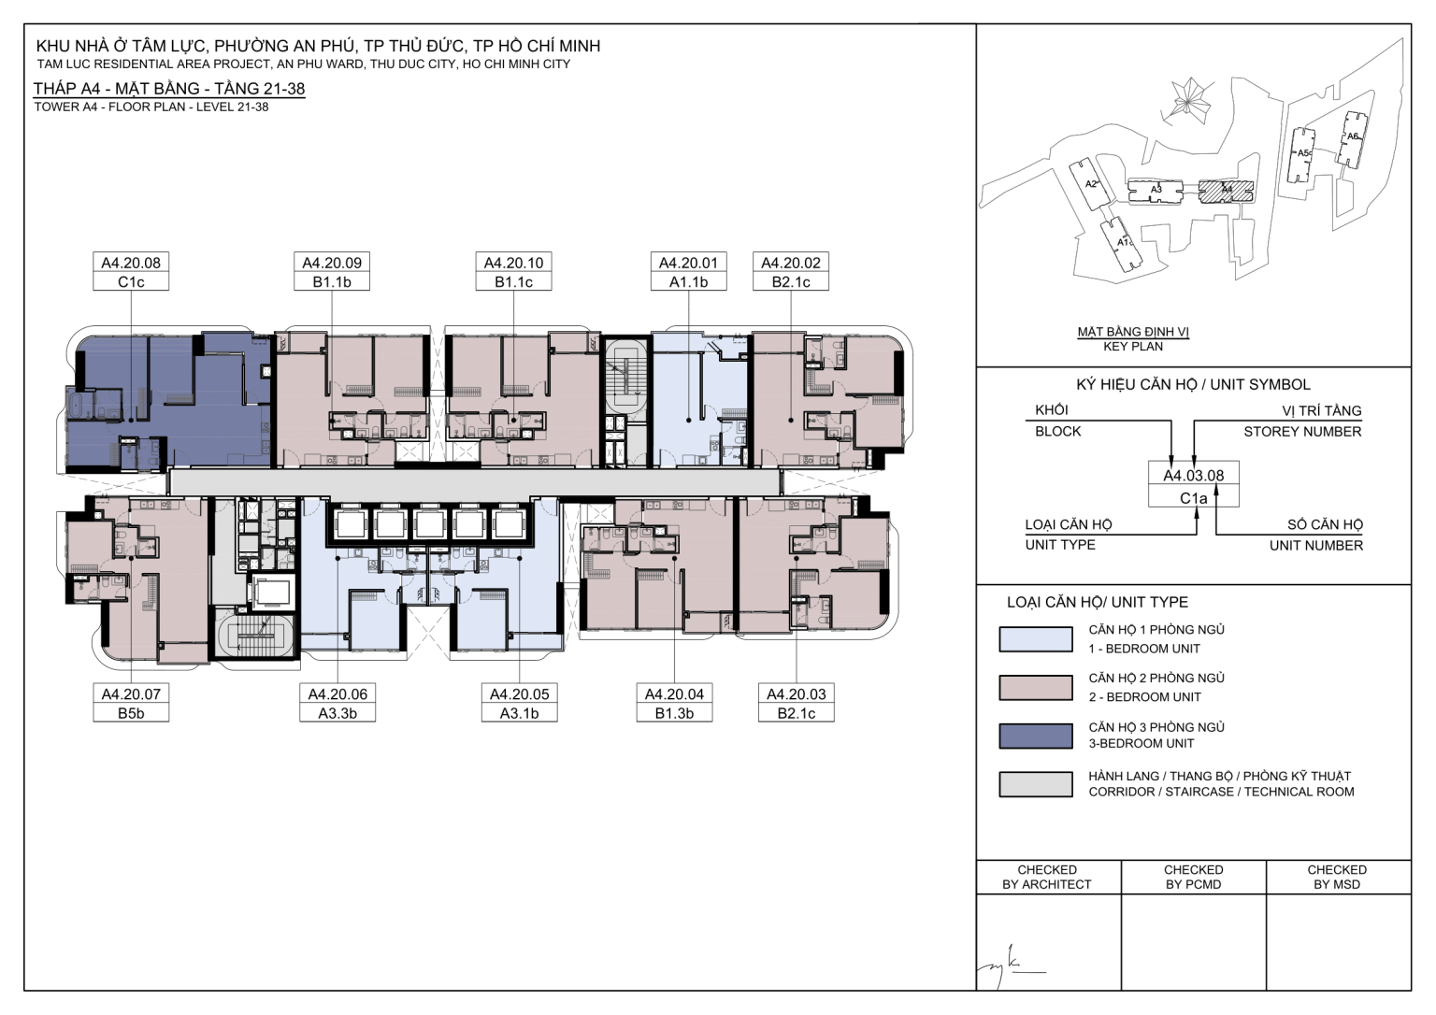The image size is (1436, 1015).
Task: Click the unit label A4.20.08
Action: (x=131, y=263)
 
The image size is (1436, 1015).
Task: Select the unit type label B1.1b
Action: (x=332, y=282)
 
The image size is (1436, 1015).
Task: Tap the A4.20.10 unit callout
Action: (x=513, y=271)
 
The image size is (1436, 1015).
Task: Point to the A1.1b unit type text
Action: (x=688, y=282)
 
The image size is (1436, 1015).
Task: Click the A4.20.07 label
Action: (x=131, y=694)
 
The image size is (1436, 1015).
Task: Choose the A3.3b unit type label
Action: (x=337, y=713)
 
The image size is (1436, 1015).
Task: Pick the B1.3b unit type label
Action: (x=674, y=713)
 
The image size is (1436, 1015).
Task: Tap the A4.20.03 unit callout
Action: (x=797, y=703)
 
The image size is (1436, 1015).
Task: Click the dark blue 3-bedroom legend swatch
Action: (x=1035, y=736)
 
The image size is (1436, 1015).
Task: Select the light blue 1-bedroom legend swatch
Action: (x=1035, y=639)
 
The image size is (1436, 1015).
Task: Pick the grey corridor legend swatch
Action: (x=1035, y=784)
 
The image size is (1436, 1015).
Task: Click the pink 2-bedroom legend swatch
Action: (x=1035, y=688)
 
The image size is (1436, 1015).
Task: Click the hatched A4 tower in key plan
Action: (x=1227, y=190)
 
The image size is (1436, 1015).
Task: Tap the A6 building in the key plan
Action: (x=1351, y=139)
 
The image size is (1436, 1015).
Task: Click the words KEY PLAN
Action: (x=1133, y=347)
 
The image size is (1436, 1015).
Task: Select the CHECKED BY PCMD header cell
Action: (x=1194, y=878)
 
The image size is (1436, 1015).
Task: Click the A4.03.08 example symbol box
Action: (x=1193, y=484)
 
